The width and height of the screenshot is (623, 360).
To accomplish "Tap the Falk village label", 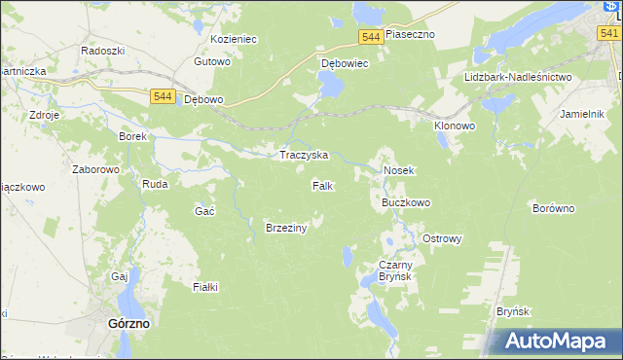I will coord(324,185).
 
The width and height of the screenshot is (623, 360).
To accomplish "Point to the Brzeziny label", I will coord(286,228).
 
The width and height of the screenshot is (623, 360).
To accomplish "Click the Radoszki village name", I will coord(102,50).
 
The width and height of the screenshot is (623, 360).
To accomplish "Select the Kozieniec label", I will coord(233,40).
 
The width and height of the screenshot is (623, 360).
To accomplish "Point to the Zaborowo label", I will coord(95,169).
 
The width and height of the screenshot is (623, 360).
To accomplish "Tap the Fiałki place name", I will coord(205,287).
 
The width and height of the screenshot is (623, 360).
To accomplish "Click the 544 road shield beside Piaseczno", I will coord(370,36).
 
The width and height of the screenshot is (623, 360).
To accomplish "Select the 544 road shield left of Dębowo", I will coord(164,96).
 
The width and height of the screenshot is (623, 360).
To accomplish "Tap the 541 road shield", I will coord(609,33).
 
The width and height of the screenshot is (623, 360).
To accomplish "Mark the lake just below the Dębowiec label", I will coord(330,88).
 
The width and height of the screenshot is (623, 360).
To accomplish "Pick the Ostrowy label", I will coord(441,238).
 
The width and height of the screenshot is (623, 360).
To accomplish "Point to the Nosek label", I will coord(399,170).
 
